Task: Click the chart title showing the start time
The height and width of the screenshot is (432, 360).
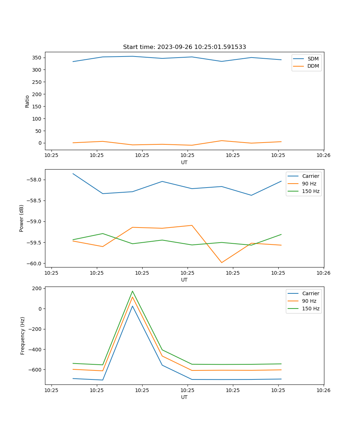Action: (x=184, y=47)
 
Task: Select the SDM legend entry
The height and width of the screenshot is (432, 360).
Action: (x=313, y=59)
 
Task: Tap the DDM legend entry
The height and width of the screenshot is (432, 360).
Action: (x=313, y=66)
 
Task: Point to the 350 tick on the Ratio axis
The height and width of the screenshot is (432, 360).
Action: (x=38, y=58)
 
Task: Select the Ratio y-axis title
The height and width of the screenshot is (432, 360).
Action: (x=27, y=101)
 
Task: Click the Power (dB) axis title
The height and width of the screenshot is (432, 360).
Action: (x=22, y=218)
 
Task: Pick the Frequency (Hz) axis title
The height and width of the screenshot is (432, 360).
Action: (x=23, y=336)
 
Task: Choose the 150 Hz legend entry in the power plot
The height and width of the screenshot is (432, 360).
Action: (x=311, y=191)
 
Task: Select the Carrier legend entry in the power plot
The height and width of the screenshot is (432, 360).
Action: (x=311, y=176)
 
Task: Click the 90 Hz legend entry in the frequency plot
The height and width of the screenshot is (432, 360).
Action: (x=309, y=301)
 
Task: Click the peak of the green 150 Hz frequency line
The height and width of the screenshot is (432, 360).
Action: (x=132, y=291)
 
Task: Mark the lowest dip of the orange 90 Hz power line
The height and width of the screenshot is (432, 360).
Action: (x=221, y=262)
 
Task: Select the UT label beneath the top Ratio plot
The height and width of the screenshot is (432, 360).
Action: (x=184, y=162)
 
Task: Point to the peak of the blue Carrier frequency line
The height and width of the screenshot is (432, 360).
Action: (x=132, y=306)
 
